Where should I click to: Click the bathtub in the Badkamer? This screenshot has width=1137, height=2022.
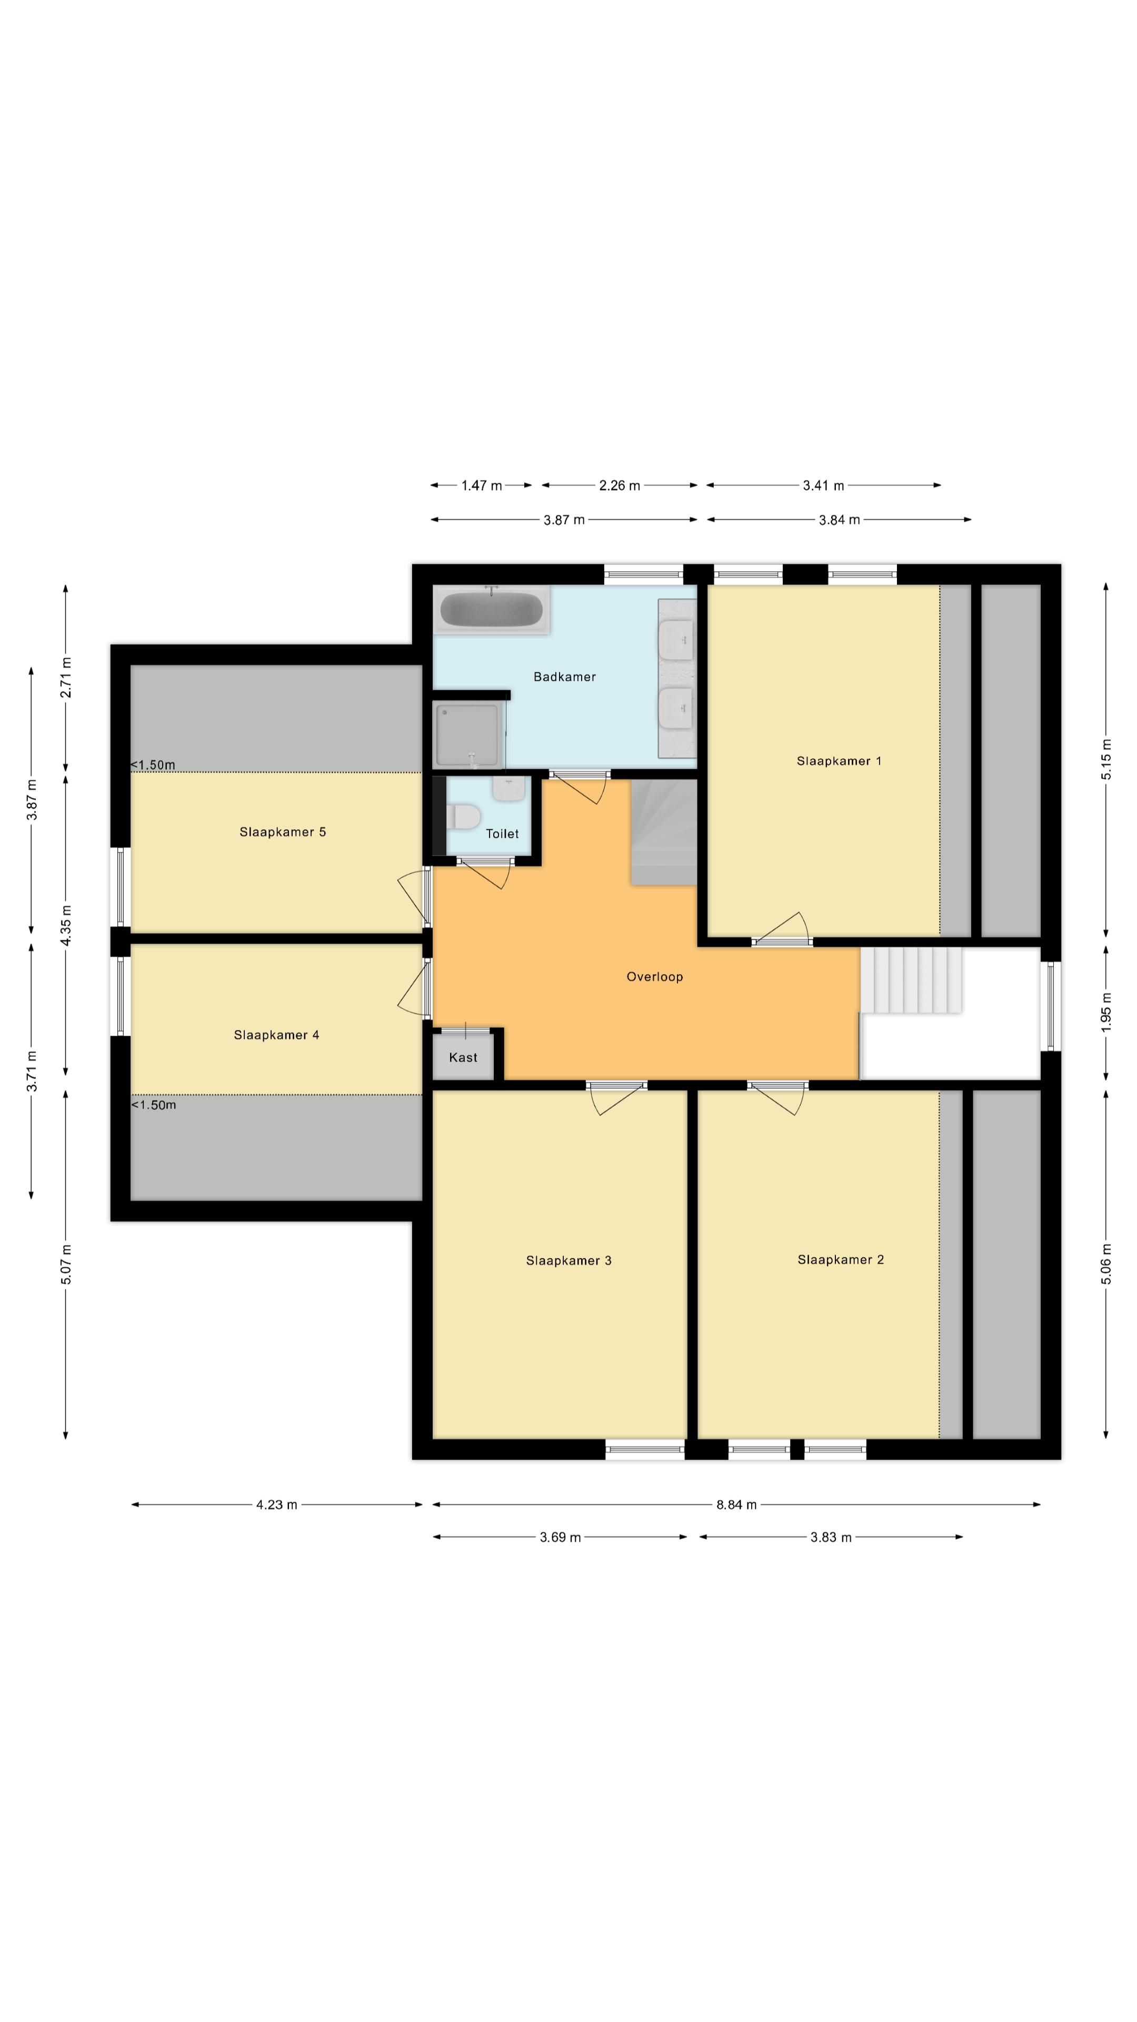point(491,609)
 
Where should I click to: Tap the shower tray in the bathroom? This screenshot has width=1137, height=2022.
point(467,735)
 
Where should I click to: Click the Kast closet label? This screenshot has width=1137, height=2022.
point(463,1057)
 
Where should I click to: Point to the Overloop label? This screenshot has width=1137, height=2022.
point(654,976)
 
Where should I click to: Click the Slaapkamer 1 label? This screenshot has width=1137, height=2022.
point(839,760)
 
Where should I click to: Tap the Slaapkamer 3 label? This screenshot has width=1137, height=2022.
point(568,1261)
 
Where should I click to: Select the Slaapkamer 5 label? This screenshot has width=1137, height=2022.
point(283,832)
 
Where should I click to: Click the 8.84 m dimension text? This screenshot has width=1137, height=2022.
point(736,1505)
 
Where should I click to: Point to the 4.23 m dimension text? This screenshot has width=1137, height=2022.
point(276,1505)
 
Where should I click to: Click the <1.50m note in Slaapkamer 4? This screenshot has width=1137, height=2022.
point(153,1105)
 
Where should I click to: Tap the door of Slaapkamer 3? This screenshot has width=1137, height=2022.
point(617,1099)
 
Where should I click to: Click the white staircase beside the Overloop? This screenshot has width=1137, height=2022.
point(911,979)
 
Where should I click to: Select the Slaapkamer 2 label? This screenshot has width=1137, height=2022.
point(841,1260)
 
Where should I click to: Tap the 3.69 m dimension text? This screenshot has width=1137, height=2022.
point(560,1537)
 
